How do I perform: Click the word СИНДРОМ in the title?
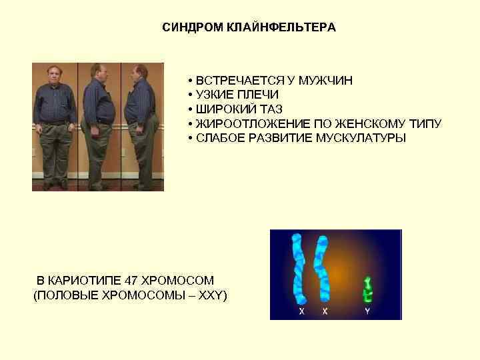tap(189, 28)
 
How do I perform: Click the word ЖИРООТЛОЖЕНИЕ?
tap(242, 124)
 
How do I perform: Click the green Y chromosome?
tap(367, 288)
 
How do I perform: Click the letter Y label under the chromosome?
tap(367, 311)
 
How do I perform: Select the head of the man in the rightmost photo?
tap(141, 71)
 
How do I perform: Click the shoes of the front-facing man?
tap(55, 185)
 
